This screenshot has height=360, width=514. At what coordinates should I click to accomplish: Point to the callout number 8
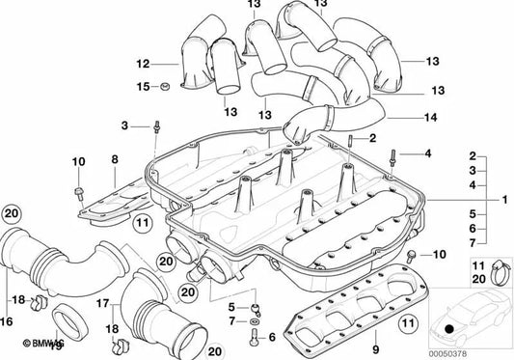pos(115,158)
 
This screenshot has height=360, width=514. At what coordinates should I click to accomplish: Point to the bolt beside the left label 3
pos(155,126)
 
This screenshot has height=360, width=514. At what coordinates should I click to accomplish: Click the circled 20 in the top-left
pos(11,213)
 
